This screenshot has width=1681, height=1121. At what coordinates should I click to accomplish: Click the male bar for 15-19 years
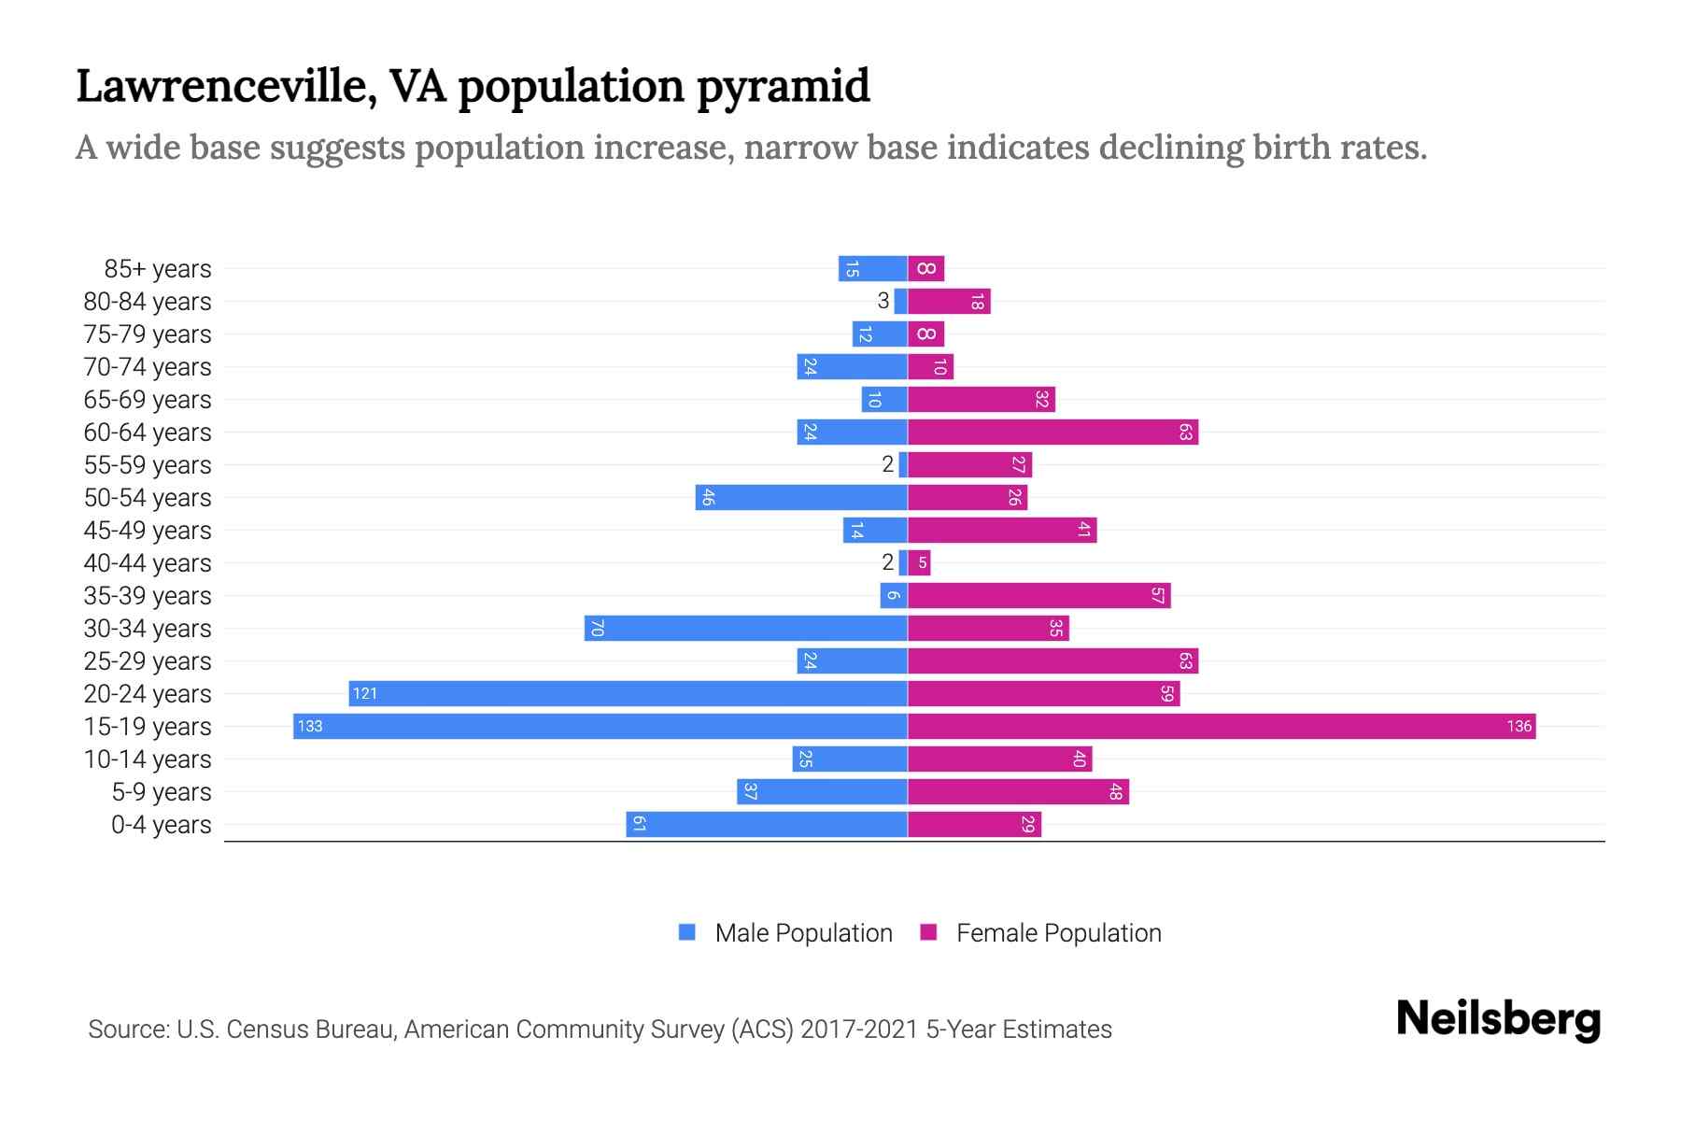(600, 726)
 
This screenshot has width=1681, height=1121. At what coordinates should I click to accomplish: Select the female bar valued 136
(1222, 726)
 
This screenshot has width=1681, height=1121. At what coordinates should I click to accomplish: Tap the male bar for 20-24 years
(628, 693)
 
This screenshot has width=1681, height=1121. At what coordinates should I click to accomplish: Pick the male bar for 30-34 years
(745, 628)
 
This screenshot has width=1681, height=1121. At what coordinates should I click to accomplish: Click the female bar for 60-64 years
(1052, 432)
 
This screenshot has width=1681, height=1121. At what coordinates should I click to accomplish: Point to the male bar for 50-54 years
(801, 497)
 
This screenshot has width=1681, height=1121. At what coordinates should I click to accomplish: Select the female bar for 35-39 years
(1038, 595)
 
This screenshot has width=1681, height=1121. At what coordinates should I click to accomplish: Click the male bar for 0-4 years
(766, 824)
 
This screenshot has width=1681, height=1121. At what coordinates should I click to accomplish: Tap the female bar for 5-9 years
(1018, 791)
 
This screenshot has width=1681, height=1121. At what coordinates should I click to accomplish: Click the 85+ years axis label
(157, 269)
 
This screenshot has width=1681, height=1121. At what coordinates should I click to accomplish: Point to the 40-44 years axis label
(148, 563)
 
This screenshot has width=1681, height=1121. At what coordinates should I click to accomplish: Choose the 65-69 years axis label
(148, 400)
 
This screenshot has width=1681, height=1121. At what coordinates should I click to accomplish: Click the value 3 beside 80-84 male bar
(883, 301)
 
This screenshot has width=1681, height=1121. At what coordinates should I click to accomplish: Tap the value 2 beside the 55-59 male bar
(887, 464)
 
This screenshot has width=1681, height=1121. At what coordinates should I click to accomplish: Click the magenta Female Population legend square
(928, 932)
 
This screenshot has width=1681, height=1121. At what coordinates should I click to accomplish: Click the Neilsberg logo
(1498, 1018)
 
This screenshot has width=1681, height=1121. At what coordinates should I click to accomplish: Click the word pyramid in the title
(783, 86)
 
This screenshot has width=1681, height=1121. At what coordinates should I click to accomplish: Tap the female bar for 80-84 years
(949, 301)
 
